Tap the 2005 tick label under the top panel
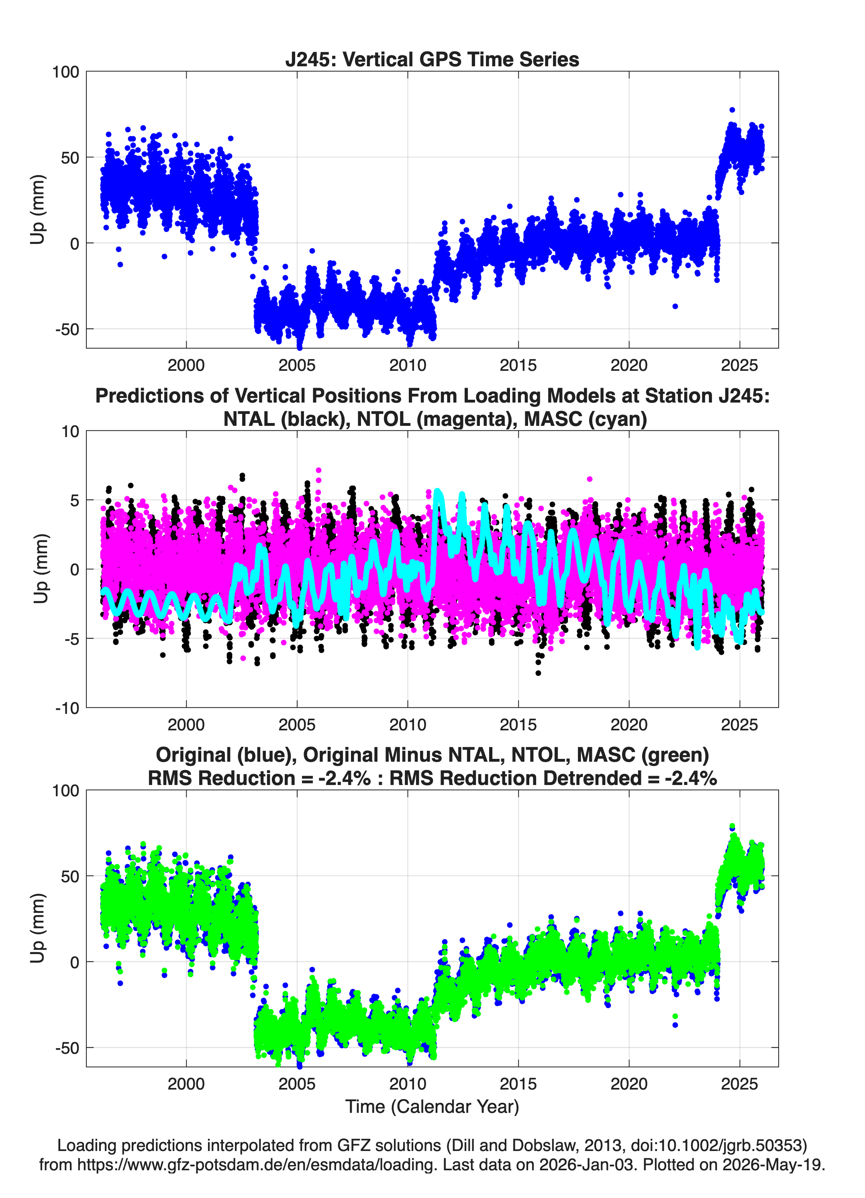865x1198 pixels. click(x=297, y=365)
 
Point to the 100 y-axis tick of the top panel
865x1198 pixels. click(x=65, y=72)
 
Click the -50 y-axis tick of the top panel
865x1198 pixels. click(x=67, y=329)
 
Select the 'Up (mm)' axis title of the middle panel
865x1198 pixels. click(x=41, y=569)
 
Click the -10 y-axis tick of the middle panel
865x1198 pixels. click(x=67, y=708)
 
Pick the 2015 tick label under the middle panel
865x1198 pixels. click(x=518, y=724)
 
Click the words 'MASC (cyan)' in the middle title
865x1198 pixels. click(x=586, y=419)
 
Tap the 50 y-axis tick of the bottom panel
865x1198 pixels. click(x=70, y=876)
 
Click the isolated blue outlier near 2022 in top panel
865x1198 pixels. click(x=675, y=307)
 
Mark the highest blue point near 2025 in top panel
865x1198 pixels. click(x=732, y=110)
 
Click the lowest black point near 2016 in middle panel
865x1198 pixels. click(x=538, y=673)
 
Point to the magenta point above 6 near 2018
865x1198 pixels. click(x=590, y=479)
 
